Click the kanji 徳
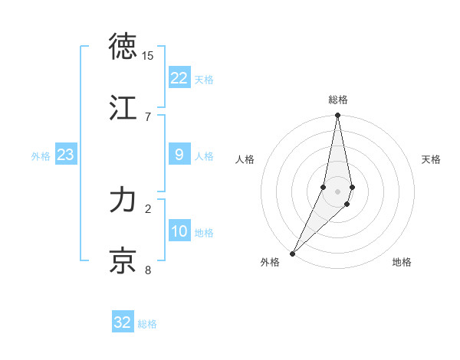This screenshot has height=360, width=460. click(x=124, y=47)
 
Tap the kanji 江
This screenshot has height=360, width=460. click(x=124, y=106)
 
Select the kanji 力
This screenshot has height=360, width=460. click(x=124, y=201)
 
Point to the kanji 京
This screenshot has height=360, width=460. click(x=124, y=260)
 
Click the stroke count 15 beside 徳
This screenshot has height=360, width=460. click(x=147, y=56)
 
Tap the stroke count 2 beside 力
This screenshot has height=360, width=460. click(x=147, y=208)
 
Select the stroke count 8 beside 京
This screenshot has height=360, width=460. click(x=147, y=270)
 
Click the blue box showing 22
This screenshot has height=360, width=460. click(x=179, y=78)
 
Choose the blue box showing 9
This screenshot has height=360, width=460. click(x=179, y=155)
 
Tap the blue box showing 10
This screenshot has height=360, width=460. click(x=179, y=231)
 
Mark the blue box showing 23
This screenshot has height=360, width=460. click(x=66, y=155)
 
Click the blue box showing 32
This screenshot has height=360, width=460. click(x=123, y=322)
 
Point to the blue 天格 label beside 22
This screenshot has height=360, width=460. click(x=204, y=80)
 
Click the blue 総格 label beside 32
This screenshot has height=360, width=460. click(x=147, y=324)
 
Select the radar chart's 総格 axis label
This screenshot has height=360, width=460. click(x=338, y=100)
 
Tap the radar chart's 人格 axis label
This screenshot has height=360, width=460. click(x=245, y=159)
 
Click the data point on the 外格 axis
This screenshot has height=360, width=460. click(x=292, y=253)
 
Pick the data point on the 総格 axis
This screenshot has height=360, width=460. click(x=338, y=116)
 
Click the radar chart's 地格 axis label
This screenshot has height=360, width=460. click(x=402, y=263)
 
